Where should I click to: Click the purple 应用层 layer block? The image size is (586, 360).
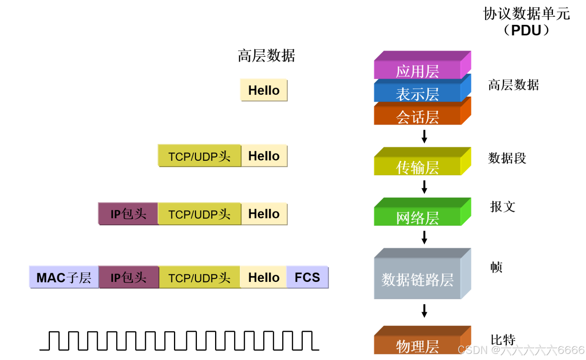tap(417, 70)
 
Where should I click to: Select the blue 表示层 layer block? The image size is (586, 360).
tap(417, 94)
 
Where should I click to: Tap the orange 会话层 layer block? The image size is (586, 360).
tap(417, 117)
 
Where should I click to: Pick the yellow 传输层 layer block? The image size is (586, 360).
tap(417, 167)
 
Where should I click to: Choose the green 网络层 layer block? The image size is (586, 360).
tap(417, 217)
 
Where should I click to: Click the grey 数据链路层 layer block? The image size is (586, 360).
tap(417, 279)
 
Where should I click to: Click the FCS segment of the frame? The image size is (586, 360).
tap(307, 277)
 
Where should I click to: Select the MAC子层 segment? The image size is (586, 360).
tap(64, 277)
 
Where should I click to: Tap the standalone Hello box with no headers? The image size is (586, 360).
tap(264, 90)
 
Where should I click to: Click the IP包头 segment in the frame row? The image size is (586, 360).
tap(128, 277)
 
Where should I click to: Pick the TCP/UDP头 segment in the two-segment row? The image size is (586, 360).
tap(199, 156)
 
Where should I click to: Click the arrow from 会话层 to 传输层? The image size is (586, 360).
tap(424, 136)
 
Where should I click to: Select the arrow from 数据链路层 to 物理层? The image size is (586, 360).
tap(424, 311)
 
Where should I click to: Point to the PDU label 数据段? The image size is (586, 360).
tap(507, 158)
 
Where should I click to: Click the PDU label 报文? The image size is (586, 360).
tap(503, 206)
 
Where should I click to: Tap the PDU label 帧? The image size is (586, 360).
tap(496, 267)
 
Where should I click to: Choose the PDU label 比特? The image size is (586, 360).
tap(503, 339)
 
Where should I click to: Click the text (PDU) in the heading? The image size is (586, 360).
tap(526, 30)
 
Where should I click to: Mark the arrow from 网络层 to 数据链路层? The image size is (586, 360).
tap(424, 237)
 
